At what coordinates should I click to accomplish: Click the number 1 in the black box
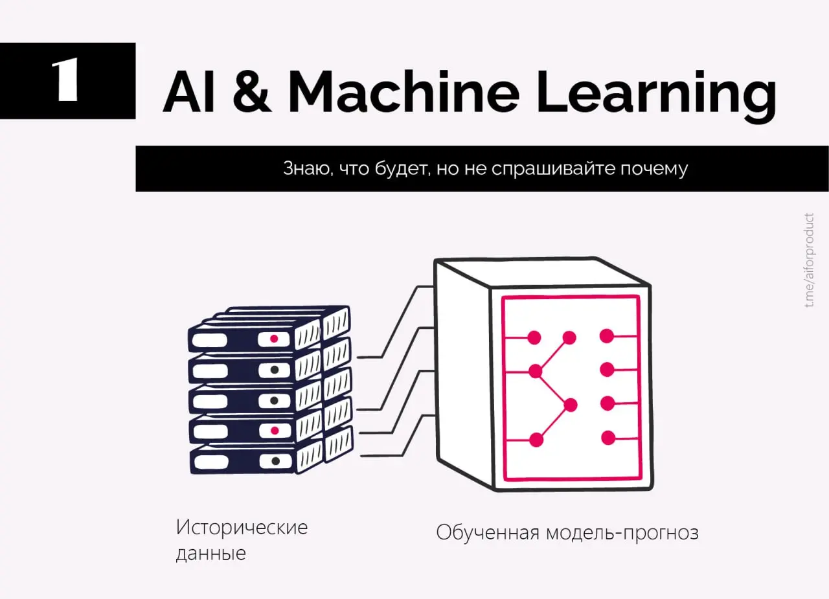tap(67, 81)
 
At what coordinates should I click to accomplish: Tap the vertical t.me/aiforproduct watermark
tap(810, 260)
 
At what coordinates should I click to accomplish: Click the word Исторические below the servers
tap(242, 527)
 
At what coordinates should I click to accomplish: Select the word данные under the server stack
tap(210, 554)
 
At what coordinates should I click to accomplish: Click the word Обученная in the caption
tap(488, 533)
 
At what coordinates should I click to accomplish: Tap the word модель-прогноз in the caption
tap(622, 533)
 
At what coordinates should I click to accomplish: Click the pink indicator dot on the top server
tap(274, 339)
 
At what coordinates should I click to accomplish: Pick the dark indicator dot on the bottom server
tap(275, 461)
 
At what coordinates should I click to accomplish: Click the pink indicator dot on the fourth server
tap(275, 431)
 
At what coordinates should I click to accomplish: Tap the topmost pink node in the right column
tap(607, 335)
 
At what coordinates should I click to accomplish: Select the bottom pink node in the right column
tap(608, 438)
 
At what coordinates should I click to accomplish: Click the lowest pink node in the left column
tap(536, 440)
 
